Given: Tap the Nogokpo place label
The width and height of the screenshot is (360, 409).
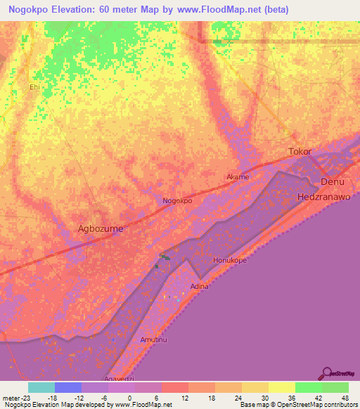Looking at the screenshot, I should click(177, 200).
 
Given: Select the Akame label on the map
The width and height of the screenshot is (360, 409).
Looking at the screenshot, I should click(237, 177).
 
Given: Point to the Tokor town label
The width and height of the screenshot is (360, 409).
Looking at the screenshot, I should click(300, 152).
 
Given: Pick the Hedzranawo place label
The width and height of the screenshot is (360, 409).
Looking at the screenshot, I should click(323, 197).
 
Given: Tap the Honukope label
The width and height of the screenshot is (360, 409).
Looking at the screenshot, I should click(228, 260).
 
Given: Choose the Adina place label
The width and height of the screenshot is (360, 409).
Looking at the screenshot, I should click(200, 287).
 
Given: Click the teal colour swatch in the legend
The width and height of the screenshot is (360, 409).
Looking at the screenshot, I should click(41, 387).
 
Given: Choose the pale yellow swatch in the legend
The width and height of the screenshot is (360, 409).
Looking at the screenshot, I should click(281, 387).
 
